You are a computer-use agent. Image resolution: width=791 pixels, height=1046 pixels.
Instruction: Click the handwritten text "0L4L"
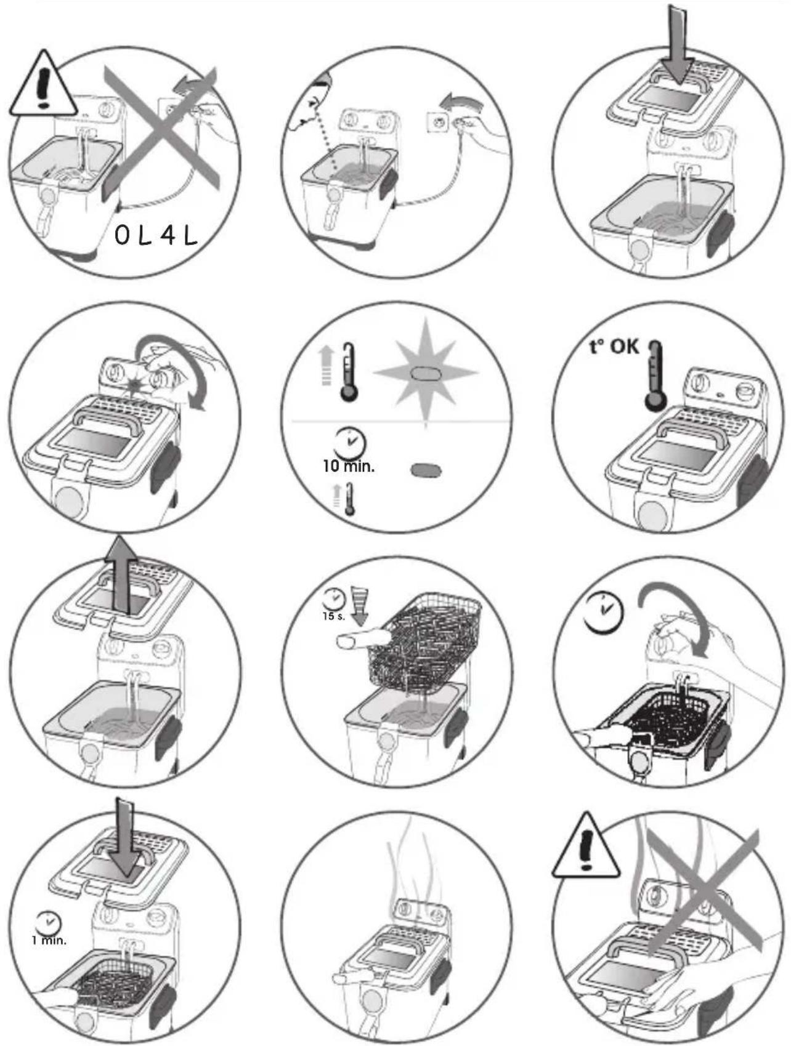pyautogui.click(x=156, y=236)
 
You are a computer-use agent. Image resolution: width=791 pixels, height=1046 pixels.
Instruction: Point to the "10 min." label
pyautogui.click(x=349, y=466)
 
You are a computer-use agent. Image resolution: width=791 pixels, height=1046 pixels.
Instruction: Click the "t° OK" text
pyautogui.click(x=614, y=347)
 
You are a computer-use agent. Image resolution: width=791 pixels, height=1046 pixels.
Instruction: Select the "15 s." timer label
pyautogui.click(x=334, y=616)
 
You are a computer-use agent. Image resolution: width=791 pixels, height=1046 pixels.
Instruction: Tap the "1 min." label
pyautogui.click(x=49, y=940)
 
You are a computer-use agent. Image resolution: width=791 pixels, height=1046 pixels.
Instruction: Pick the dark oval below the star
pyautogui.click(x=426, y=470)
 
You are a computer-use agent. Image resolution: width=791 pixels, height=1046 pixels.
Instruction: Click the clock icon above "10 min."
pyautogui.click(x=349, y=443)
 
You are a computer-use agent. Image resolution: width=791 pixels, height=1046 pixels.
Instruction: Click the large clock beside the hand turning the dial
pyautogui.click(x=604, y=612)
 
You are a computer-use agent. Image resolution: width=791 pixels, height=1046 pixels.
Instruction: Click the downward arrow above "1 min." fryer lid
pyautogui.click(x=126, y=836)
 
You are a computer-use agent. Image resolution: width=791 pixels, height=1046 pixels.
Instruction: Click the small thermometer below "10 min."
pyautogui.click(x=350, y=499)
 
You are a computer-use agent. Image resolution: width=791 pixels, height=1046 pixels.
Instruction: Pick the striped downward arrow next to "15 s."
pyautogui.click(x=359, y=606)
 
